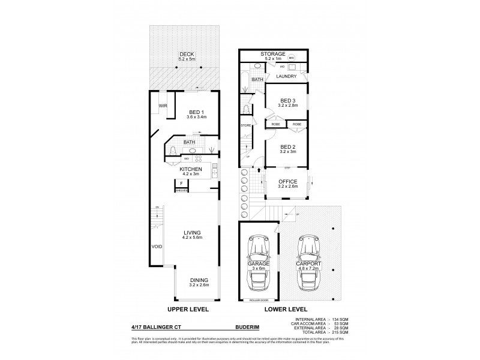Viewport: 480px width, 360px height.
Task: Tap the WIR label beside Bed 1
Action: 162,106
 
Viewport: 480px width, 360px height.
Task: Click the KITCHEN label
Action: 190,169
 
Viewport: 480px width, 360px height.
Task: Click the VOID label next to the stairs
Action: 157,246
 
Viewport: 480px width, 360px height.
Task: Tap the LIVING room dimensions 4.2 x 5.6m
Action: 191,238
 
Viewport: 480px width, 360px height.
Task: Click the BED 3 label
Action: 289,100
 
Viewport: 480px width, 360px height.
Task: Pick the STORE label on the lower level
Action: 245,125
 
